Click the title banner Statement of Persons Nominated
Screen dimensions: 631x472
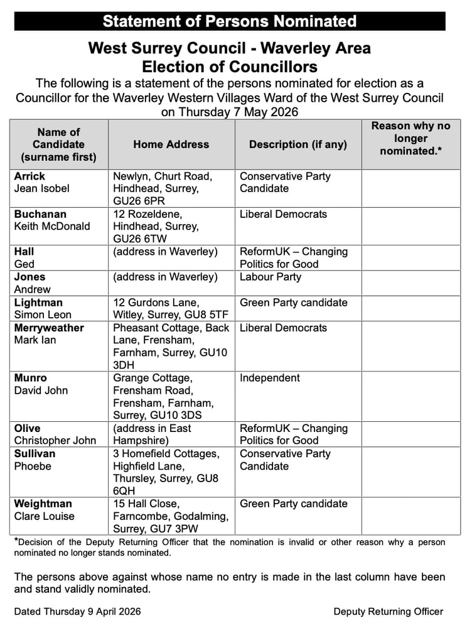point(230,21)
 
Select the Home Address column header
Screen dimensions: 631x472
point(171,144)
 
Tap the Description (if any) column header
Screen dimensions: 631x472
point(298,144)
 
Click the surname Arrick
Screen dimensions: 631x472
point(29,176)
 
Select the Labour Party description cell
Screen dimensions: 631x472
point(271,277)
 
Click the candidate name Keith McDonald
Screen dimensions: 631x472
point(52,227)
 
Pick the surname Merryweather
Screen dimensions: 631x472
point(49,328)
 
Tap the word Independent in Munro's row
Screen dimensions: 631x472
point(270,378)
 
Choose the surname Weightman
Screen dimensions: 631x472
point(43,504)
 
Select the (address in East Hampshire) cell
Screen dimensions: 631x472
point(153,434)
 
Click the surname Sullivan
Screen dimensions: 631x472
point(35,453)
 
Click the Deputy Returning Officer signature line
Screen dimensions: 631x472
point(388,611)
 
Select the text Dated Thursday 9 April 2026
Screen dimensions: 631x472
point(77,611)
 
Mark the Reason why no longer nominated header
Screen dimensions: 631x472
point(410,138)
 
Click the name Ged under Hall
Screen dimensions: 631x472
point(24,264)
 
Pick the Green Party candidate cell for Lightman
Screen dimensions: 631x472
point(293,303)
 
